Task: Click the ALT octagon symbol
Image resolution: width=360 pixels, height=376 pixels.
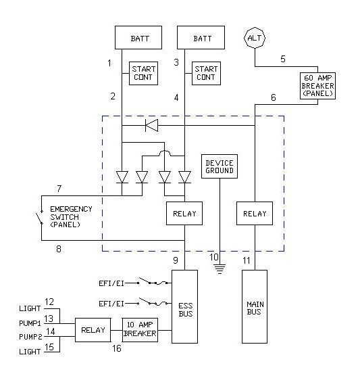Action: click(255, 38)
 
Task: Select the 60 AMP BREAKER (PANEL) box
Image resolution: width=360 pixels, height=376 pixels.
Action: click(317, 86)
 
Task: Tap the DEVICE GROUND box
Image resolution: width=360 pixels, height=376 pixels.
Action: click(220, 166)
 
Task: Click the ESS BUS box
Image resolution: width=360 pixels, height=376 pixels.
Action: click(184, 307)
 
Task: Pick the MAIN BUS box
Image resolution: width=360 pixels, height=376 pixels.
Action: click(255, 307)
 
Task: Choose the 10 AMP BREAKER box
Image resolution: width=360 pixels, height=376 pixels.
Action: click(140, 330)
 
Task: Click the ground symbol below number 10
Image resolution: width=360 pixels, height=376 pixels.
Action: click(220, 269)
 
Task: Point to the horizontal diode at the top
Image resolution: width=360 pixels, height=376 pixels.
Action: click(151, 125)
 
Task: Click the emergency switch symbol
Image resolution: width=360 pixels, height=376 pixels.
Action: click(40, 218)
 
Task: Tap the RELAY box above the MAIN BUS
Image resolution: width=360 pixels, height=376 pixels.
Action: click(255, 214)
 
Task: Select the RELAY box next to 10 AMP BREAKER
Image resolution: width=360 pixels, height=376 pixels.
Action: click(93, 330)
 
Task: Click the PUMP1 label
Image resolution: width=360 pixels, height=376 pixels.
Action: click(30, 323)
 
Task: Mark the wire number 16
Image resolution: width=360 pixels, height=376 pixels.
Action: click(117, 348)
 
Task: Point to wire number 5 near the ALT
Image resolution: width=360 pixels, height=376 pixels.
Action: click(283, 59)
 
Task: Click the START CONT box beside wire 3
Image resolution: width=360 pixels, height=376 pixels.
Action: click(206, 74)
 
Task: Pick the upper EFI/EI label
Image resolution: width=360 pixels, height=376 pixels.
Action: click(111, 283)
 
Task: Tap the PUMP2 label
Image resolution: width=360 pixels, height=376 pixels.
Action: click(30, 337)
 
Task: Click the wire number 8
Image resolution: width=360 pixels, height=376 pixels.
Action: click(59, 249)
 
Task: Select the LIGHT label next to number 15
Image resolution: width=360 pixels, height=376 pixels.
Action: click(30, 352)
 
